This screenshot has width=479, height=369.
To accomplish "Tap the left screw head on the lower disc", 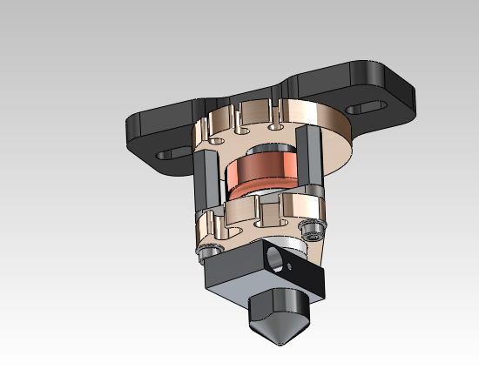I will pos(206,251).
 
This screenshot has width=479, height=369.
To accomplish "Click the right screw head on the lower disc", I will pos(310,228).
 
